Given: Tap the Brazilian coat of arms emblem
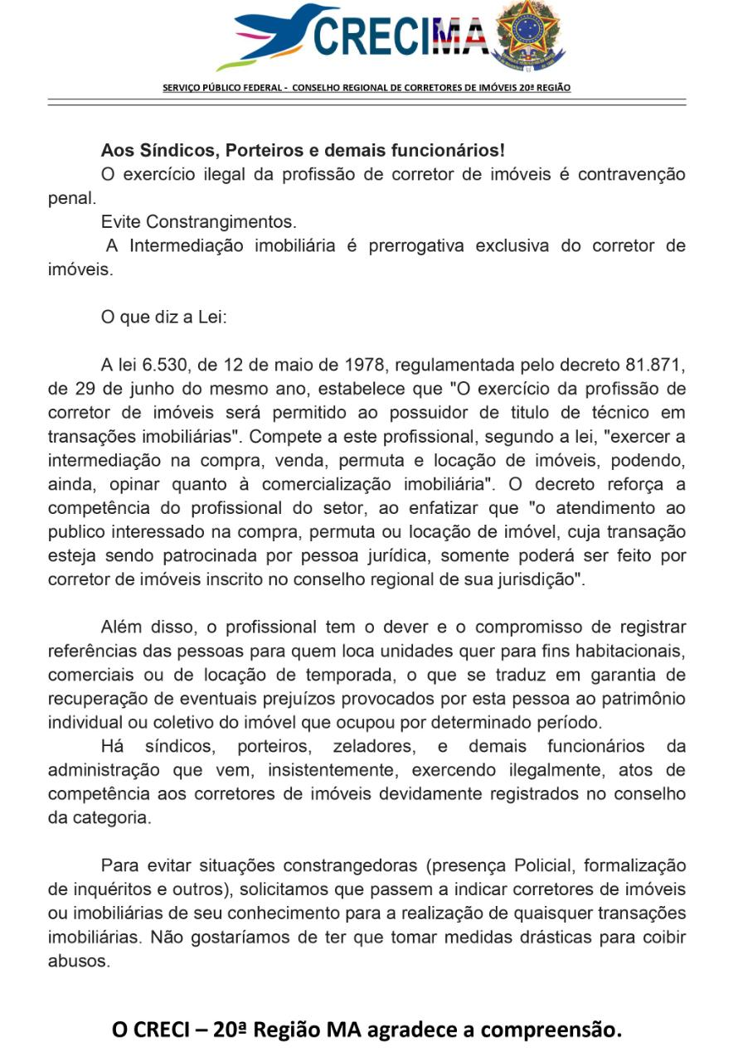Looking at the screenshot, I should (527, 33).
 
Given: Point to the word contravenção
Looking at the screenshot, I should (631, 175).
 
